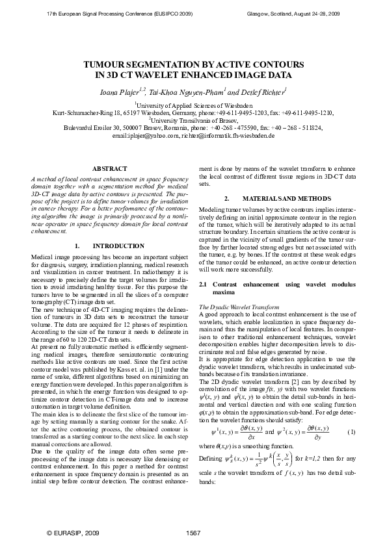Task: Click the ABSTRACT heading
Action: pyautogui.click(x=105, y=169)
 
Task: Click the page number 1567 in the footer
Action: pyautogui.click(x=194, y=533)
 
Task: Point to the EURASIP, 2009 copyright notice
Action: pyautogui.click(x=73, y=533)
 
